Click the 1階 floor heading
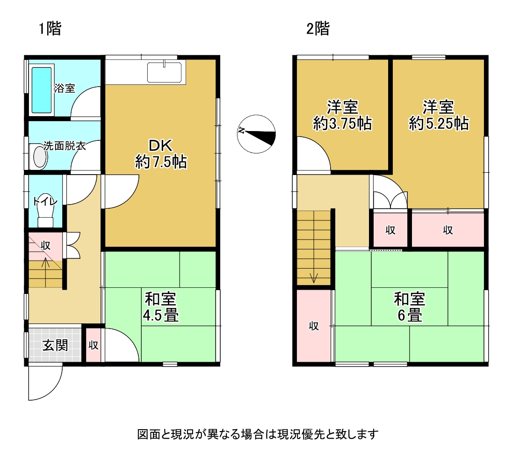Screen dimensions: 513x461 50,29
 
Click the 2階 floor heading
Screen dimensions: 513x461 318,29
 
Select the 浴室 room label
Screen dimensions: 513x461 65,88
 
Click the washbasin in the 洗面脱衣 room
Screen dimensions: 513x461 40,157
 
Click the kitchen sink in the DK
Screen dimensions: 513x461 164,73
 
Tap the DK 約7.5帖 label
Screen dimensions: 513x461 161,154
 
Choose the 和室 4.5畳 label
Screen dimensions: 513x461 161,307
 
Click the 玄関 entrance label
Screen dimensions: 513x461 55,345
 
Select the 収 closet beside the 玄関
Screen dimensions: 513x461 93,345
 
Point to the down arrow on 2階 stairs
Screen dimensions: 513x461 314,273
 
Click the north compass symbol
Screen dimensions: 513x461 256,134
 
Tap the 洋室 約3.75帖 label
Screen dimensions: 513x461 342,115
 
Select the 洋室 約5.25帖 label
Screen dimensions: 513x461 439,115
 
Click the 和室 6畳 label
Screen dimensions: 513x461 410,307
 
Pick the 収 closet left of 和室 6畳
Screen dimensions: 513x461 314,326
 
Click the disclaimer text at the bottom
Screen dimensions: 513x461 258,434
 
